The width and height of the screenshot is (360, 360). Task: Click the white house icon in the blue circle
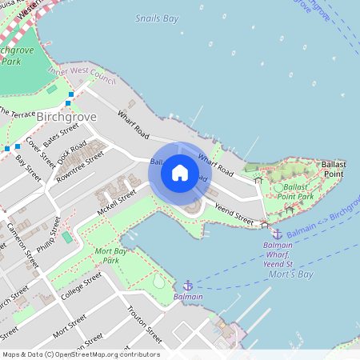coord(180,173)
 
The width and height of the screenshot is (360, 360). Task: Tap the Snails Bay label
coord(157,18)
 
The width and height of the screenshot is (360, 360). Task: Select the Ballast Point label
coord(333,168)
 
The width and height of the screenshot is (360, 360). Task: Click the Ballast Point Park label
coord(298,191)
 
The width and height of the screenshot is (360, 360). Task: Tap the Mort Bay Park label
coord(100,256)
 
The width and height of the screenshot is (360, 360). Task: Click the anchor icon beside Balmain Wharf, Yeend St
coord(277,234)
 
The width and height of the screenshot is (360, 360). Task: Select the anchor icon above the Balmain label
coord(188,285)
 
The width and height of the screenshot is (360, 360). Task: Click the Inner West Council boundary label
coord(82,75)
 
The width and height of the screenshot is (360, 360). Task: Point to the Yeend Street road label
coord(234,214)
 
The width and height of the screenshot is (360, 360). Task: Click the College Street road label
coord(82,285)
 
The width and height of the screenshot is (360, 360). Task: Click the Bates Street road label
coord(62,134)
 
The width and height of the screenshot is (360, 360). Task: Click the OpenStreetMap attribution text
coord(80,354)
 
